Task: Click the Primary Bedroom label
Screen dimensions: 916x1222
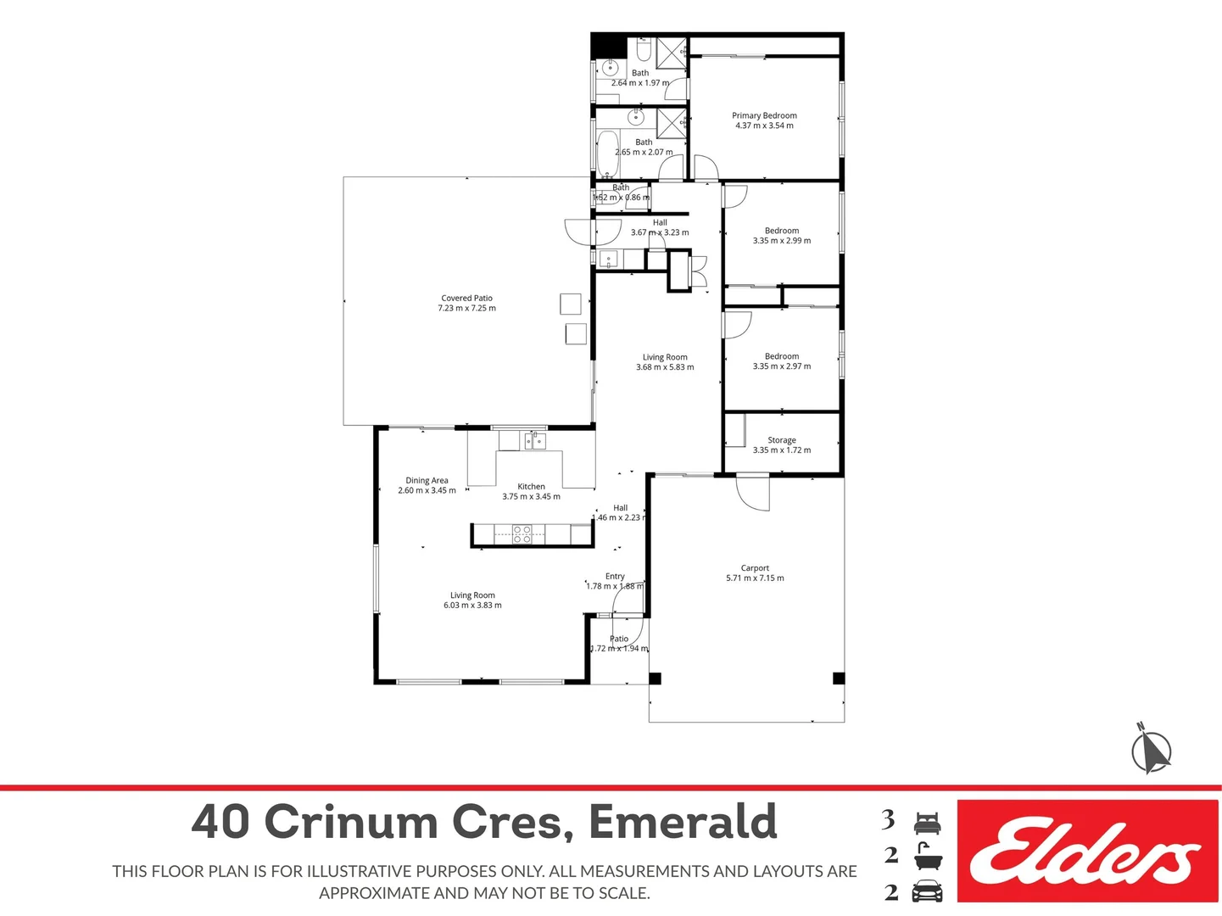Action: click(764, 115)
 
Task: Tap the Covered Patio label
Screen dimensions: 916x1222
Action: click(466, 298)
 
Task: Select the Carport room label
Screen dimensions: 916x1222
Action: click(755, 568)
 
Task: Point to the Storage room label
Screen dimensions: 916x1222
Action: click(781, 440)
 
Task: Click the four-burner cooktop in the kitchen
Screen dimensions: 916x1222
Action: click(522, 534)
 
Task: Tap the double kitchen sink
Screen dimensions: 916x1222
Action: click(534, 440)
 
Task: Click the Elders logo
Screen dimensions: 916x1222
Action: click(1087, 851)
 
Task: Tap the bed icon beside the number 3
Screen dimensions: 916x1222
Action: click(927, 822)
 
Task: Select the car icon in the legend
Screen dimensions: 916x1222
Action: click(927, 892)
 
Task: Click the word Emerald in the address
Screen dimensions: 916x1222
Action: click(683, 822)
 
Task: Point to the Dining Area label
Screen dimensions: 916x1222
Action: click(427, 480)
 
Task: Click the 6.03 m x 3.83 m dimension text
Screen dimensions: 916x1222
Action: click(472, 606)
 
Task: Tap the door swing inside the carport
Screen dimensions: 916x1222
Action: click(751, 494)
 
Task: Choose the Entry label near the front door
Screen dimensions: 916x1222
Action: click(615, 576)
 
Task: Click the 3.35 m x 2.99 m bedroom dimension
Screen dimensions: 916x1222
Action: click(781, 241)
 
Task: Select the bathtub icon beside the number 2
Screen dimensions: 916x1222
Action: click(927, 857)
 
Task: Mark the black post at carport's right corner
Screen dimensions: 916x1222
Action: click(838, 678)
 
